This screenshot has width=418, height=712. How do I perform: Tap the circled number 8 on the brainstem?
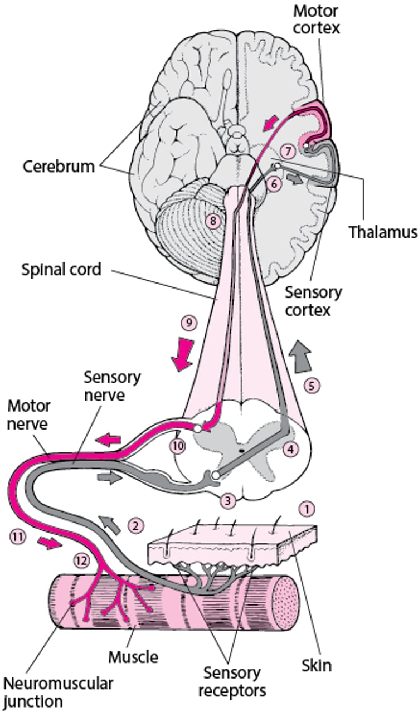[x=212, y=221]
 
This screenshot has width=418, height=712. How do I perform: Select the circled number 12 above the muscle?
[x=81, y=561]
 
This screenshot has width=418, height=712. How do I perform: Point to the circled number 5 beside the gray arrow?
[x=313, y=384]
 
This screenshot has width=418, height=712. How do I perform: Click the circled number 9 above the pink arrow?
[x=188, y=323]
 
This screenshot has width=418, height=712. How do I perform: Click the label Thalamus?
[x=383, y=231]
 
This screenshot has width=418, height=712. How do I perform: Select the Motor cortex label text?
[x=316, y=18]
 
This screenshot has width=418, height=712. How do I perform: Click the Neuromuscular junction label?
[x=57, y=691]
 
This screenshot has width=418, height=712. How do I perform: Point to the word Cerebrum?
[x=59, y=166]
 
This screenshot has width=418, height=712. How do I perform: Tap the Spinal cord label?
[x=61, y=270]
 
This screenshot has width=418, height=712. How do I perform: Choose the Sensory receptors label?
[x=231, y=681]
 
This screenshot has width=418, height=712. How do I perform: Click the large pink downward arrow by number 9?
[x=183, y=356]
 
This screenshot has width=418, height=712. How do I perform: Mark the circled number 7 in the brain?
[x=286, y=151]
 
